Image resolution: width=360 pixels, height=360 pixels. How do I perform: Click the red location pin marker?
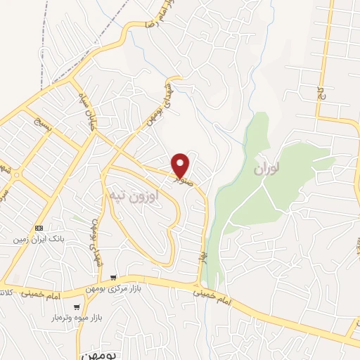tap(181, 165)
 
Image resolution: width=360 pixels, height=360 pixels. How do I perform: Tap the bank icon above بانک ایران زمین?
tap(39, 229)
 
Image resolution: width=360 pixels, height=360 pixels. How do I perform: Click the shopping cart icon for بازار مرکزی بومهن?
tap(113, 278)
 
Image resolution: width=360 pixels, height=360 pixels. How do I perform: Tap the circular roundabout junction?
tap(15, 174)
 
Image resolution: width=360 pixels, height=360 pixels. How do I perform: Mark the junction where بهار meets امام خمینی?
tap(198, 284)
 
